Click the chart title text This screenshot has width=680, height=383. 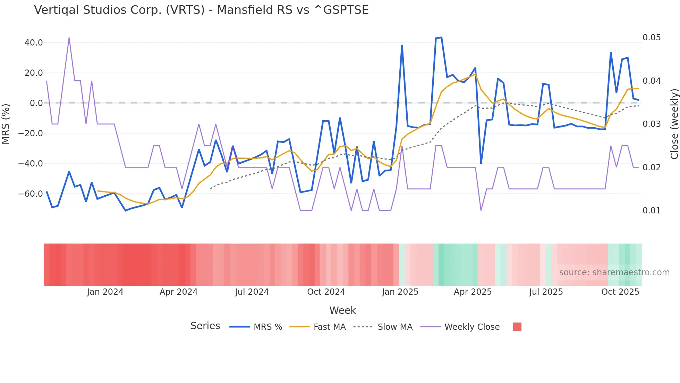(201, 10)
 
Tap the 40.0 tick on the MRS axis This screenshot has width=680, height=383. (34, 43)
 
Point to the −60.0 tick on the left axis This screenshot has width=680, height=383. (31, 194)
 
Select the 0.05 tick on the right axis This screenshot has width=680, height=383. (652, 38)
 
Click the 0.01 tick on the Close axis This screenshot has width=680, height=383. (652, 211)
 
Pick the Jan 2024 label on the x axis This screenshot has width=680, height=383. (105, 292)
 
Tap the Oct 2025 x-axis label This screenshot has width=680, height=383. (620, 292)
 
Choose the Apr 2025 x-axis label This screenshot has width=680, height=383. (473, 292)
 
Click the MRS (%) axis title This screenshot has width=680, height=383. (6, 124)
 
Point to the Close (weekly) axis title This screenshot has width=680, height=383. (674, 124)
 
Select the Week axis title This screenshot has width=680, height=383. (342, 310)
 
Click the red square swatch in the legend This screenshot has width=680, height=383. (517, 327)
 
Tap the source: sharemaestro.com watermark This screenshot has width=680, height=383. (614, 272)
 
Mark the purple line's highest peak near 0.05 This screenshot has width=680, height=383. (69, 38)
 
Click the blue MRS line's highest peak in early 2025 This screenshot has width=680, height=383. (441, 38)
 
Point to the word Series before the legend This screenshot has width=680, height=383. (205, 326)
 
